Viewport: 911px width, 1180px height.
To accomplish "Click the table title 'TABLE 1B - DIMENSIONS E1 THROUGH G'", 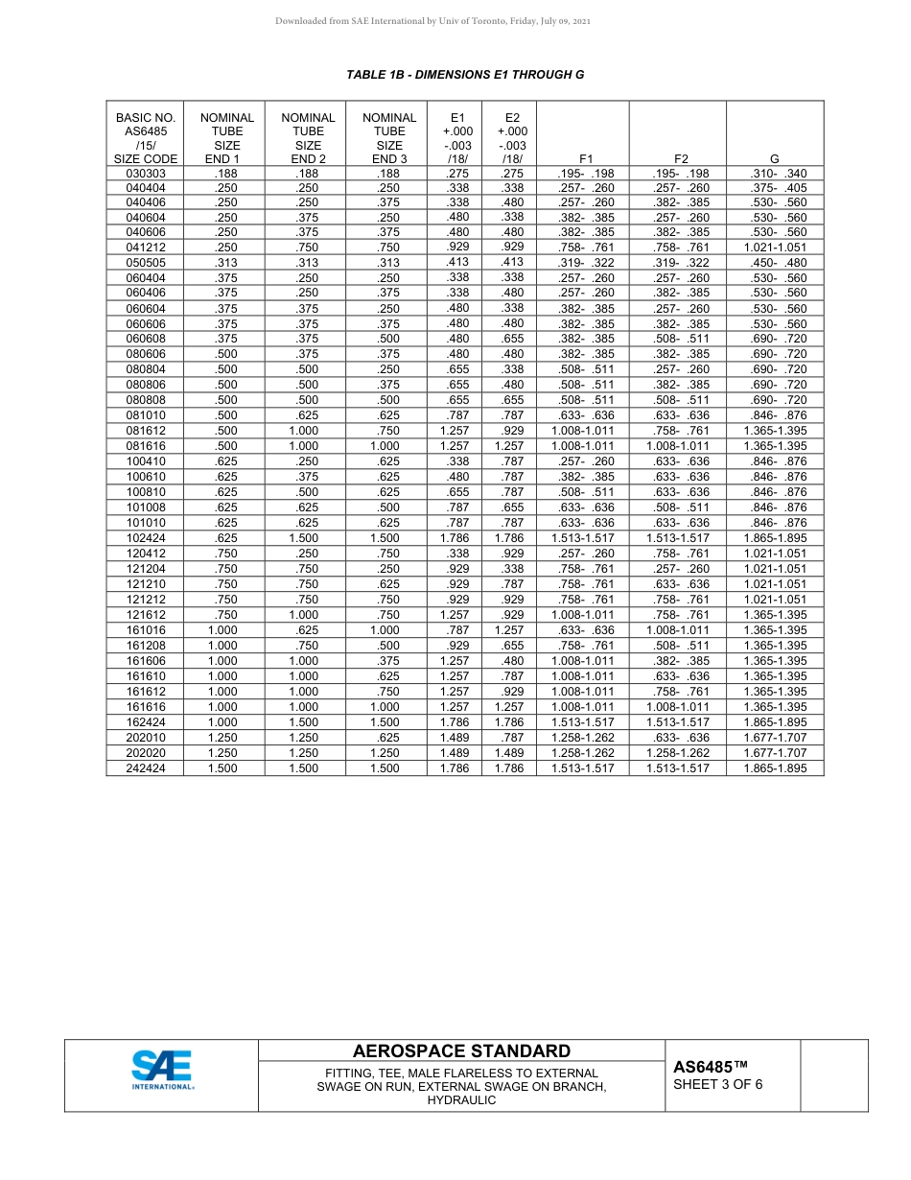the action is (x=465, y=74).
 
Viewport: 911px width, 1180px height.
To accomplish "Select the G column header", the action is (x=774, y=159).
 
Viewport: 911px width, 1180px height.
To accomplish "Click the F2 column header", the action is (x=677, y=159).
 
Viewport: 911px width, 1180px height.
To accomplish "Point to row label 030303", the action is (x=146, y=174).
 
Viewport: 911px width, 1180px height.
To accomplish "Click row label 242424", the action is (x=146, y=768).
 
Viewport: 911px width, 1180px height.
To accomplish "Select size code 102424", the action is (x=146, y=538).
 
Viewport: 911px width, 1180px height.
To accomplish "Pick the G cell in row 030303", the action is (x=774, y=174).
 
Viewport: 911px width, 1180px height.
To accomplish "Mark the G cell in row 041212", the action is (x=774, y=247).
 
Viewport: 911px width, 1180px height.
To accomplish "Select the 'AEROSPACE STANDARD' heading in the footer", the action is (x=461, y=1051).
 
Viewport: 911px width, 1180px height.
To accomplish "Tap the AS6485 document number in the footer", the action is (x=710, y=1067).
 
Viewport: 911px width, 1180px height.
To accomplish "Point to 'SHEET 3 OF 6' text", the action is (x=718, y=1085).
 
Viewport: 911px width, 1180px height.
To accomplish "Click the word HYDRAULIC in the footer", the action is (x=461, y=1100).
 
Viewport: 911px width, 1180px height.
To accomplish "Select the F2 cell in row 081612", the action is (x=677, y=431).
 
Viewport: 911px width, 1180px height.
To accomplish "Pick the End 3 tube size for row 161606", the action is (x=389, y=661).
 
